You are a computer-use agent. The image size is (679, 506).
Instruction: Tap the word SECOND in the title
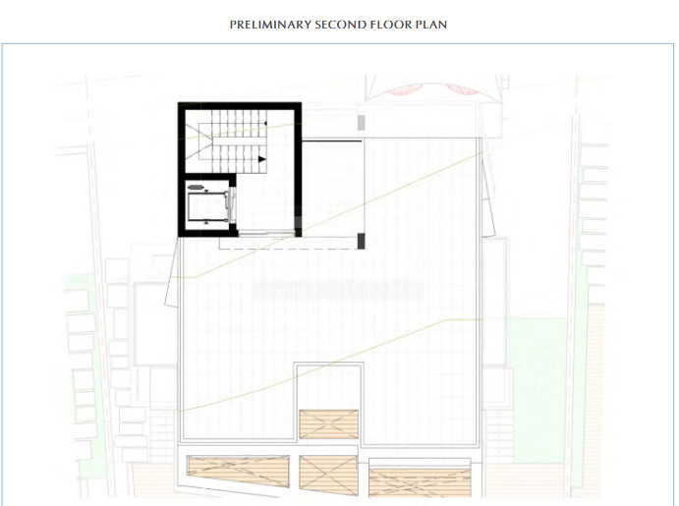[340, 24]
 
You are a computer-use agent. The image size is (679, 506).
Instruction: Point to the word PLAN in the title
[432, 24]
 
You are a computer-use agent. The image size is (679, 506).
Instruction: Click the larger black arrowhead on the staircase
[261, 158]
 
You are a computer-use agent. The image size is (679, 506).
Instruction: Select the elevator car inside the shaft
[208, 206]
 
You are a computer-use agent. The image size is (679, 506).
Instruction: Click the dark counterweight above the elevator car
[198, 185]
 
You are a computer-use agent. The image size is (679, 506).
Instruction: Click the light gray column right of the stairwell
[361, 123]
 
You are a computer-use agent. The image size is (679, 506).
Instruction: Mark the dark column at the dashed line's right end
[362, 240]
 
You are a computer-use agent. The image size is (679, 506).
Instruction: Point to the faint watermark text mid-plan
[338, 290]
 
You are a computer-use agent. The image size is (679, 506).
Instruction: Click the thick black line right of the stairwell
[331, 141]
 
